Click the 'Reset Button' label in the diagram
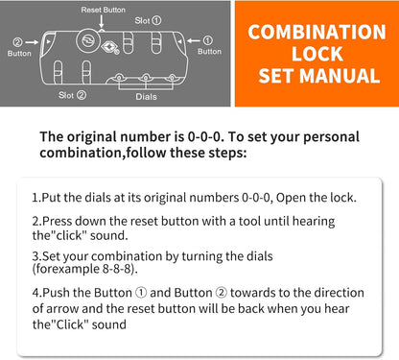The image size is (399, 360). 103,10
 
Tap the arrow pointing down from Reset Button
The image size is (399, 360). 102,21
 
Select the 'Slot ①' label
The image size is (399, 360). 148,21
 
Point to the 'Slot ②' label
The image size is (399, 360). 72,95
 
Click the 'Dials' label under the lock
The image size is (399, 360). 146,96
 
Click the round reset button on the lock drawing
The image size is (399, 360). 88,41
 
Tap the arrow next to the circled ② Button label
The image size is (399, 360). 32,42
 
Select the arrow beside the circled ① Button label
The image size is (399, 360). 194,40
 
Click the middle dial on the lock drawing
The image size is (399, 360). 146,78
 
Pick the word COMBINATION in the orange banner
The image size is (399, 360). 317,32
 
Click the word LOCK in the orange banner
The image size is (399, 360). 317,54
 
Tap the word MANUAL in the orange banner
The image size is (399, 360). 340,76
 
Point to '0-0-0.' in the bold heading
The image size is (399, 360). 204,137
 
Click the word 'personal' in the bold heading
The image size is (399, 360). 331,137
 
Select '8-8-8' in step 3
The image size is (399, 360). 117,269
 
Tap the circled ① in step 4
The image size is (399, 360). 141,293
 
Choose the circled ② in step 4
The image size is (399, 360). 222,293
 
